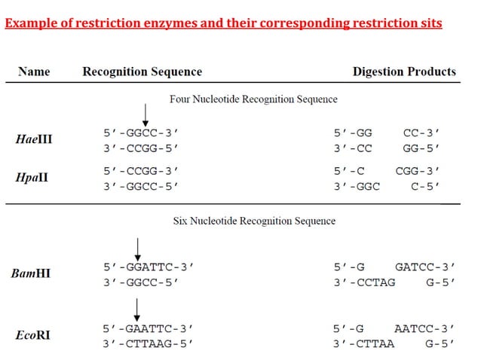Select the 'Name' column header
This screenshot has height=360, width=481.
pos(35,72)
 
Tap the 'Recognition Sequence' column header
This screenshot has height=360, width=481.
pos(142,72)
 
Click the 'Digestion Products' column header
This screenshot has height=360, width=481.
pos(404,72)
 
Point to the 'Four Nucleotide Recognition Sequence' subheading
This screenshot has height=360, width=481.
pos(253,99)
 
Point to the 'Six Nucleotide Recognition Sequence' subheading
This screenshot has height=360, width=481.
pos(254,221)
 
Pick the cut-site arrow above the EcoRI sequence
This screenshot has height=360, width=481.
pos(138,308)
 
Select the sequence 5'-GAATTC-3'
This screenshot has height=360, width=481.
pos(149,328)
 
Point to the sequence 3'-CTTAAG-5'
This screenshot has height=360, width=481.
pos(149,343)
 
